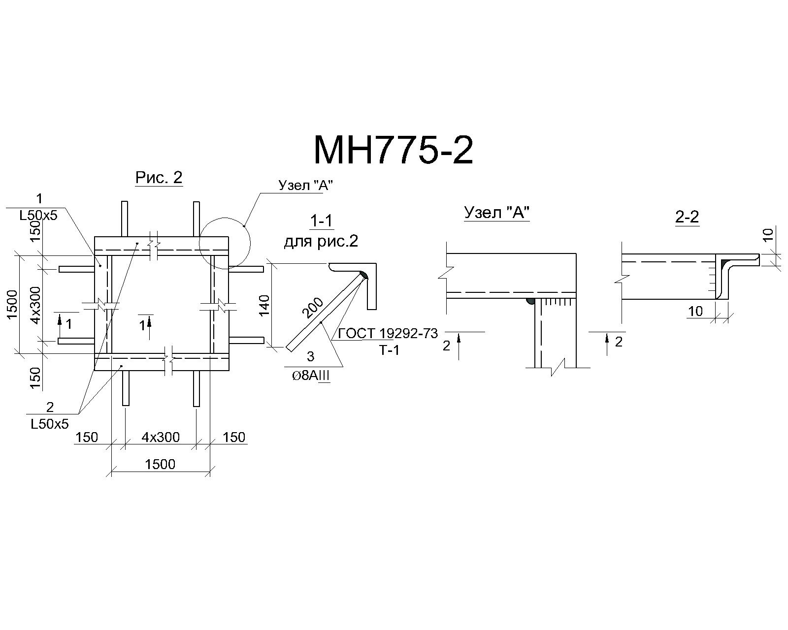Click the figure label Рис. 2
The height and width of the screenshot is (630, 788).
(x=159, y=178)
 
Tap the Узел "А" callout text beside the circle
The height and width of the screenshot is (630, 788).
(x=305, y=185)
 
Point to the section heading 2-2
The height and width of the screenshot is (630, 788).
(x=687, y=218)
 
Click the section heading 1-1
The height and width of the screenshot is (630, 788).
(x=321, y=221)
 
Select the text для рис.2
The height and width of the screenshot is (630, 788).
(x=321, y=242)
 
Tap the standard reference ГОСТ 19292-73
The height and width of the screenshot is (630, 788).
(x=388, y=334)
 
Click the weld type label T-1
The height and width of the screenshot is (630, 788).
(x=389, y=350)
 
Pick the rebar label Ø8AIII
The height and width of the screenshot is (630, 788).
(x=311, y=376)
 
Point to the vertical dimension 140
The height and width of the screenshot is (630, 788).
(x=264, y=305)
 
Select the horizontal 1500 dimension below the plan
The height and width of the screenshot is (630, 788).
(x=160, y=464)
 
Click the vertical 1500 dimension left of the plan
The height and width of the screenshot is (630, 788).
(x=12, y=305)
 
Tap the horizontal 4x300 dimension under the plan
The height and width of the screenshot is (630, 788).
(x=161, y=437)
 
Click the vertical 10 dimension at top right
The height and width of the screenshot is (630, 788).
(x=769, y=235)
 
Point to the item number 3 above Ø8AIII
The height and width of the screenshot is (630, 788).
(x=310, y=356)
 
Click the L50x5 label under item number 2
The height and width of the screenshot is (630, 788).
(x=49, y=424)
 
